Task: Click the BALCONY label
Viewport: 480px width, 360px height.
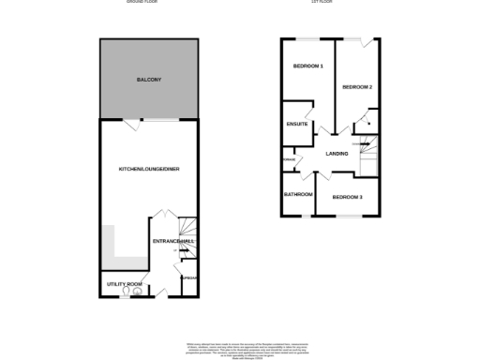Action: click(148, 80)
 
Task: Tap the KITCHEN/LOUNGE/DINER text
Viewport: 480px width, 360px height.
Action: click(148, 169)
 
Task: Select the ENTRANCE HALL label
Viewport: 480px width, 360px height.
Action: click(173, 242)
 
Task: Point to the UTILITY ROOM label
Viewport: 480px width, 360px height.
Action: click(123, 284)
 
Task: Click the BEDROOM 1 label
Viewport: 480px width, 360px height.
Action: click(307, 67)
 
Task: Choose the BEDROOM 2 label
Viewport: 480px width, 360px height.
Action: click(357, 87)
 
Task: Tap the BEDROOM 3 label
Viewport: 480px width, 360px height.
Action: click(347, 197)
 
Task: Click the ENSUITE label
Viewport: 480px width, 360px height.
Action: click(297, 124)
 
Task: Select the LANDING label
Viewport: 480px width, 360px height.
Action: click(337, 154)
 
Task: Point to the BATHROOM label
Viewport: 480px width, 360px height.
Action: click(298, 194)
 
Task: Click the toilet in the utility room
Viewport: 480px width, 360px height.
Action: click(139, 292)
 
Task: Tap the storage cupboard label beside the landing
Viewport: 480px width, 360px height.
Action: click(288, 160)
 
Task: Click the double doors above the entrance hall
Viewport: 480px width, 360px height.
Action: click(160, 216)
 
